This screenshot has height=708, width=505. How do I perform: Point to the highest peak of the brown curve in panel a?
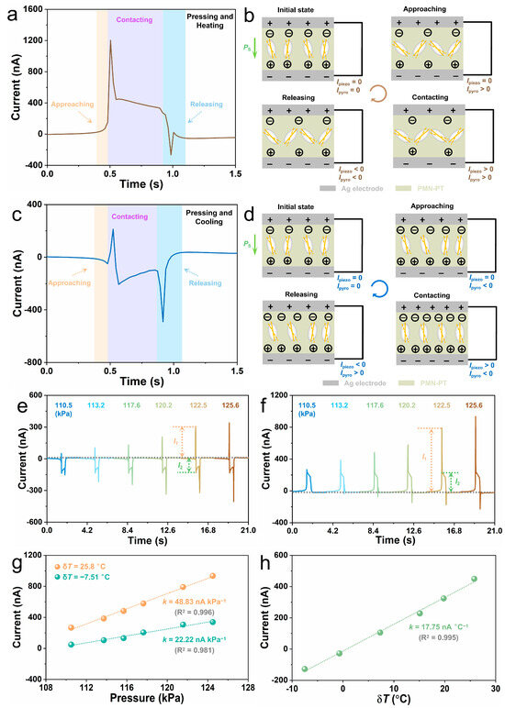pyautogui.click(x=110, y=40)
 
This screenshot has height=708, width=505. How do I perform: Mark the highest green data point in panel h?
pyautogui.click(x=475, y=579)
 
